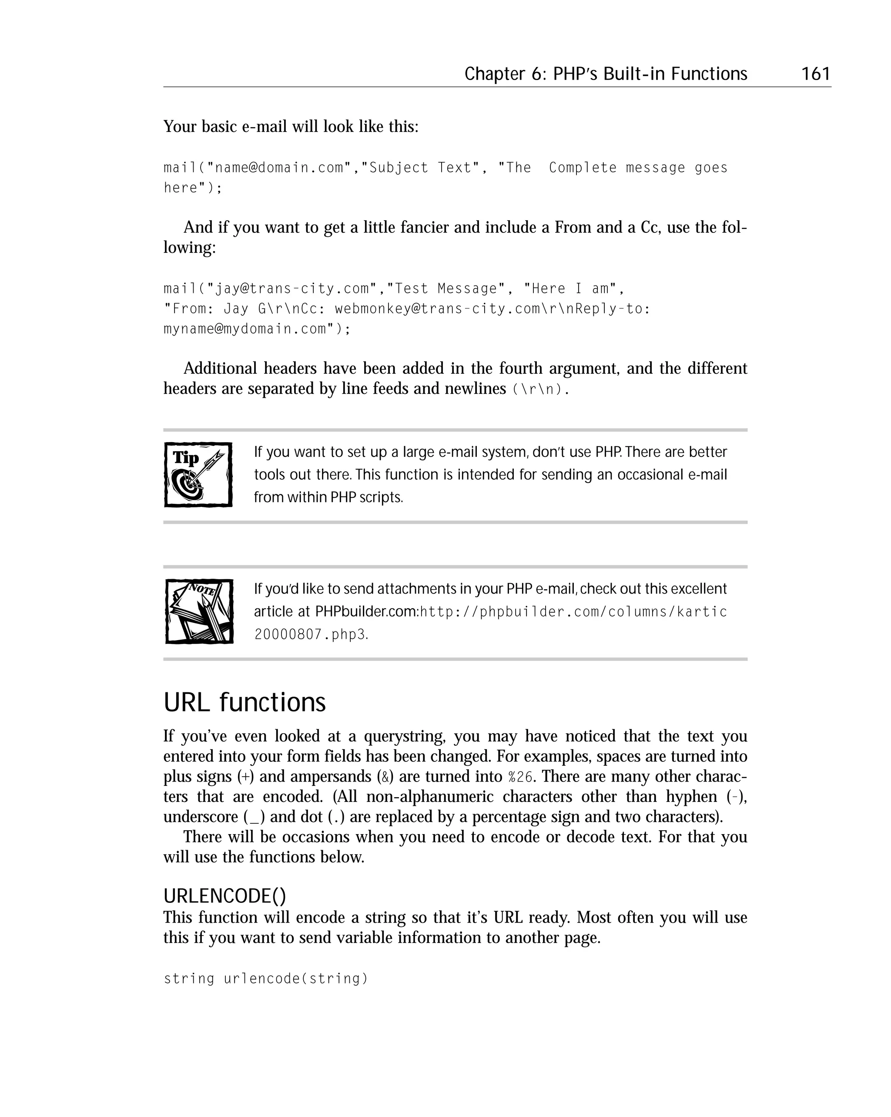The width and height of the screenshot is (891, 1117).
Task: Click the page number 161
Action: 815,74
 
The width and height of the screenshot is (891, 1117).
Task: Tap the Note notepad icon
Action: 199,611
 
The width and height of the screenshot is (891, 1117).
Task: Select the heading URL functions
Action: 245,702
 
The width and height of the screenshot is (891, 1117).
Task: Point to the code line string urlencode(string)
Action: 266,979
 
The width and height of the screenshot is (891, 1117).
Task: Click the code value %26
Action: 520,777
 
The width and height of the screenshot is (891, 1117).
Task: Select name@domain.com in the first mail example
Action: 279,168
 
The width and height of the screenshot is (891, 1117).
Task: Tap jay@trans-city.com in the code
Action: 291,288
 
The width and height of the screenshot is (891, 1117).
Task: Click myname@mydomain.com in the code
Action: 245,329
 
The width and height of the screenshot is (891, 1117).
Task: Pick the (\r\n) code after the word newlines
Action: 538,389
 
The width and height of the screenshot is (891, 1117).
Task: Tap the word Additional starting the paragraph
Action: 220,369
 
